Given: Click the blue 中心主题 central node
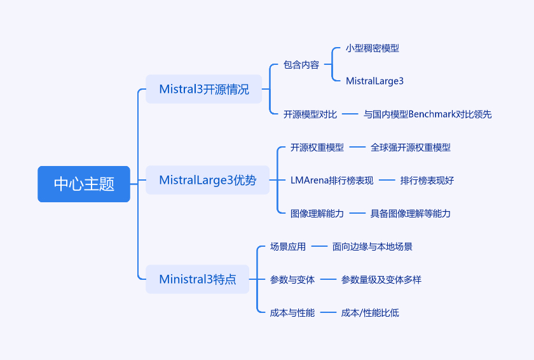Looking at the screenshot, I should pos(84,184).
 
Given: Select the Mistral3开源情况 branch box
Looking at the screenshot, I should pos(203,89).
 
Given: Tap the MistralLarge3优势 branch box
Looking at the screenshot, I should pos(207,180).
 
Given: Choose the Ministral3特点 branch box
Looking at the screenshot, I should pos(197,279).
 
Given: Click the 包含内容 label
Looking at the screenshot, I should pos(301,65).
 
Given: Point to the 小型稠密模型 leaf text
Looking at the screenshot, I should pos(373,48).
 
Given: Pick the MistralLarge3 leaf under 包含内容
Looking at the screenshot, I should pos(374,81).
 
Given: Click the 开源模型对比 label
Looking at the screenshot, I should pos(310,114).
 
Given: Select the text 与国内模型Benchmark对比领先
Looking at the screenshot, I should pos(427,114).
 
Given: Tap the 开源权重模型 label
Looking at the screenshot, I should pos(317,148).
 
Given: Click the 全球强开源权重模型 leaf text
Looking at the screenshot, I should pos(411,148).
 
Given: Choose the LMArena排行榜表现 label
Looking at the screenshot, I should pos(332,181).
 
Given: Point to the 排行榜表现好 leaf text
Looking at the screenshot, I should pos(427,181).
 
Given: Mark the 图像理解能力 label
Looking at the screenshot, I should pos(317,214).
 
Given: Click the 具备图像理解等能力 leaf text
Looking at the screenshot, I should pos(411,214).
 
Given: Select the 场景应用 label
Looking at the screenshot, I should pos(288,247).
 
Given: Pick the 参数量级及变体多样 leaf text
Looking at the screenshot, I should pos(381,280).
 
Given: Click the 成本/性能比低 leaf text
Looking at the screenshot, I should pos(370,313).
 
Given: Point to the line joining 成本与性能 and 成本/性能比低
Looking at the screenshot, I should pos(328,313).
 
